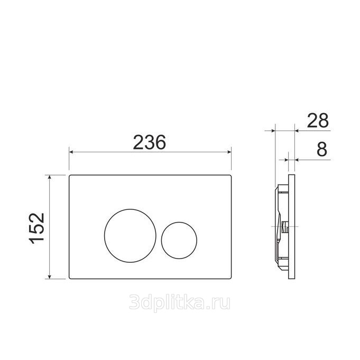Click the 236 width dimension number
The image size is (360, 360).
(x=149, y=142)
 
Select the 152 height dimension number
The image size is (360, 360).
(x=36, y=228)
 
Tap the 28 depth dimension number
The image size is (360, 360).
(x=318, y=121)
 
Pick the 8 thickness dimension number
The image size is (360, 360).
(x=321, y=149)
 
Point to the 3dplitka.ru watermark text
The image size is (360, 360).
(x=180, y=302)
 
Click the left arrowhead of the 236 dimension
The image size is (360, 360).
(x=71, y=152)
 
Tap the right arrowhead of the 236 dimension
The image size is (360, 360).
(x=229, y=152)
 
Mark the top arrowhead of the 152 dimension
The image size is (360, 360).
(x=49, y=177)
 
